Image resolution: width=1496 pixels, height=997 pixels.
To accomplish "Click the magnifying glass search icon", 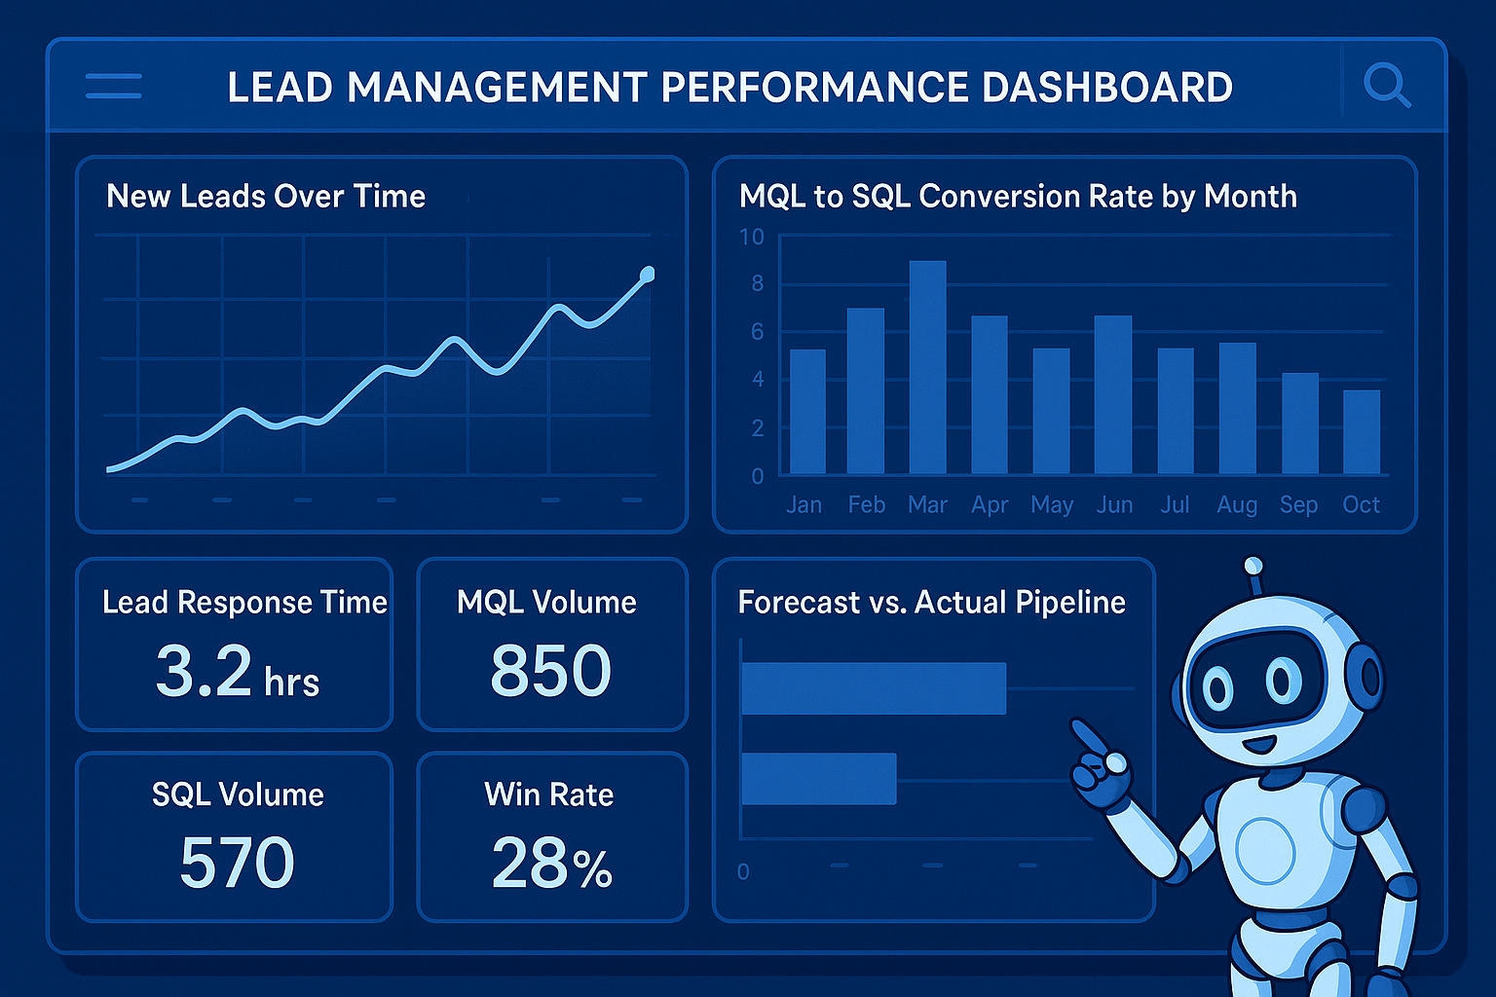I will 1386,85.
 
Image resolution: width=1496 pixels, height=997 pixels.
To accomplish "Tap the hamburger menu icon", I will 114,86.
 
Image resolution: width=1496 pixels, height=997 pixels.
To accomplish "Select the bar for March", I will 927,367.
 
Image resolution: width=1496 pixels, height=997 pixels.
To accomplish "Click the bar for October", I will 1361,432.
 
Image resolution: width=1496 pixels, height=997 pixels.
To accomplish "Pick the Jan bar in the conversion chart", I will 806,412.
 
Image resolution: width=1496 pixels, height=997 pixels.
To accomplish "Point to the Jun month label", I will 1114,504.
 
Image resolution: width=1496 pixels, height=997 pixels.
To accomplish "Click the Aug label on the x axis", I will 1236,504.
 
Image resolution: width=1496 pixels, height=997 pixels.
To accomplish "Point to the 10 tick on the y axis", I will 751,237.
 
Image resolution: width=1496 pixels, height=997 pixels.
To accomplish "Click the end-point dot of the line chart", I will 647,275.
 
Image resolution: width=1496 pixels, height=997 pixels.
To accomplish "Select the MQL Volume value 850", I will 550,671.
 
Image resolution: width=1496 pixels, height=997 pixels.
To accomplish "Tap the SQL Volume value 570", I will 237,863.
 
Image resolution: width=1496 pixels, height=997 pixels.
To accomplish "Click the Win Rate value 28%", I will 551,864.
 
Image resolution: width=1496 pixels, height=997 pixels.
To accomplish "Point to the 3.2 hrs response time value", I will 237,673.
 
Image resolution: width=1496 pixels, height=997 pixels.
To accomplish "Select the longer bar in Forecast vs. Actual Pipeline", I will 873,688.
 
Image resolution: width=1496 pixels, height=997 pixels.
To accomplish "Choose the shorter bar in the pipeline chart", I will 818,779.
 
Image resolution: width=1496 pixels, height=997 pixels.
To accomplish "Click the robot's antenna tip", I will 1253,566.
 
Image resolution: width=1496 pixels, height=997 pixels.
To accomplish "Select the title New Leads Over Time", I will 266,196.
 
